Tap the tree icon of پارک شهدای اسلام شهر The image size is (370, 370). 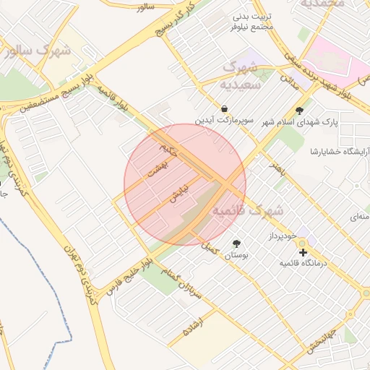click(300, 111)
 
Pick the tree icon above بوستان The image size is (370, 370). click(236, 244)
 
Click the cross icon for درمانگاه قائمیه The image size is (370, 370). click(303, 252)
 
